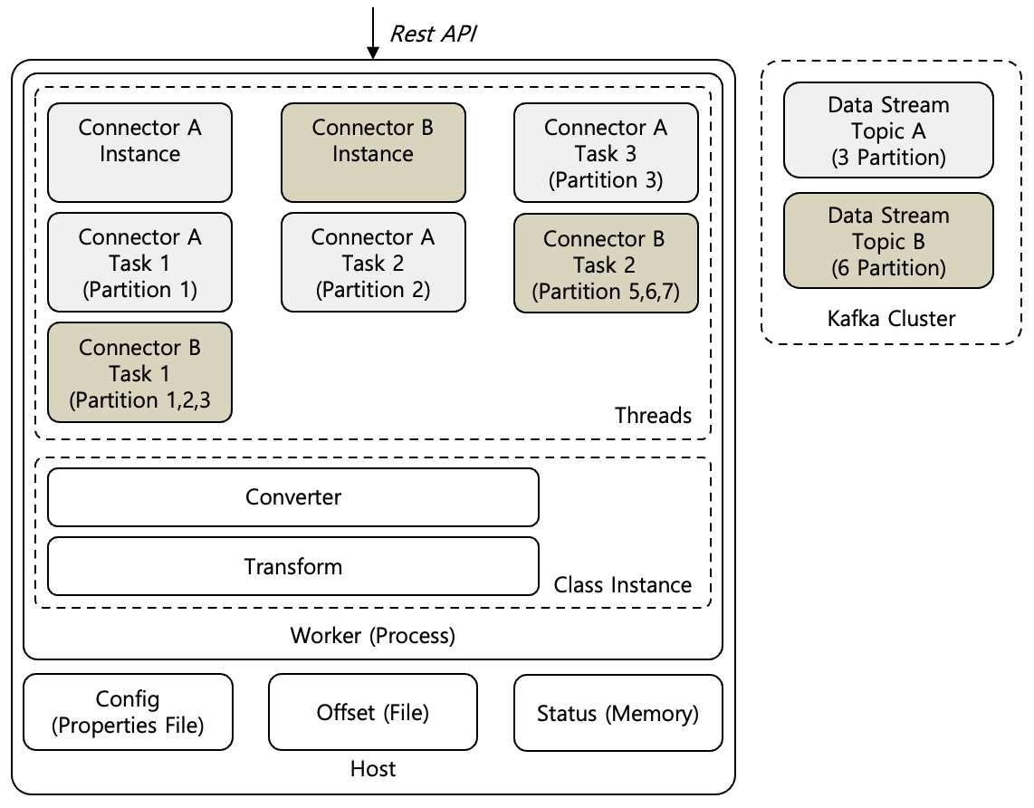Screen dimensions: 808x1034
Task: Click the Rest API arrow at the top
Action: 372,33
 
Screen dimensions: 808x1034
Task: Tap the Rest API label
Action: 432,34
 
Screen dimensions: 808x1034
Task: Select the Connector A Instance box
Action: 139,152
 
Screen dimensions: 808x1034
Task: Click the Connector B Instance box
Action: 373,152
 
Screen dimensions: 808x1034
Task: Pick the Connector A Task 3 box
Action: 606,152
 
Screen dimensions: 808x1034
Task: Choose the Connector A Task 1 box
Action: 139,263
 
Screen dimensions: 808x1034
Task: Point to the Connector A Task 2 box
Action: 373,263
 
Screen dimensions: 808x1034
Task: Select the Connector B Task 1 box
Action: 139,372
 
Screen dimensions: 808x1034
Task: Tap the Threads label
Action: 653,416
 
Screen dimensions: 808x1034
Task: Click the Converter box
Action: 292,497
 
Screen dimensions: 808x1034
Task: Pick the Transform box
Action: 292,567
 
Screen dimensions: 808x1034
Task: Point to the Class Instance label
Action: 622,585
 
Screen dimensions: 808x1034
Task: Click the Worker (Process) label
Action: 372,636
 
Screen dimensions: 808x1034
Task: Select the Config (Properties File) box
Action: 128,712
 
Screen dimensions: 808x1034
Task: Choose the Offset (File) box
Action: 373,712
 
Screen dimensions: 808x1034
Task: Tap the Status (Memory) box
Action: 618,712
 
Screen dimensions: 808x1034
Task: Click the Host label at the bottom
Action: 372,770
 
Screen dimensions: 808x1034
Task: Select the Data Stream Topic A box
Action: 888,130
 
